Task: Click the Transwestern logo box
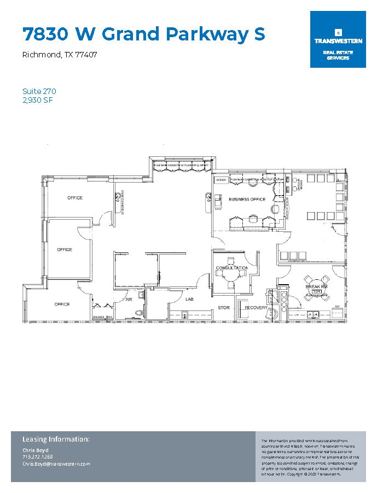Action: (338, 39)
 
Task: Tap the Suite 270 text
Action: (39, 91)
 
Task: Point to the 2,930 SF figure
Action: (38, 100)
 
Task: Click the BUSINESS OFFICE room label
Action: (247, 199)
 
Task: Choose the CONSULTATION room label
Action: (232, 268)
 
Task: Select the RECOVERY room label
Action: (256, 308)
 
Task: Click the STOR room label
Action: (224, 308)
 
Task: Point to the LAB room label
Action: (189, 299)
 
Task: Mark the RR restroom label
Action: (130, 300)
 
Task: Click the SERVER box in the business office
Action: (221, 180)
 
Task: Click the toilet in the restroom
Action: (137, 312)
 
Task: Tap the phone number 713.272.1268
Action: (38, 456)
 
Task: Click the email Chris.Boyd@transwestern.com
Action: (56, 463)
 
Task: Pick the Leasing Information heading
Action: (56, 439)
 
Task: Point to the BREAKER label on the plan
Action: (98, 317)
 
